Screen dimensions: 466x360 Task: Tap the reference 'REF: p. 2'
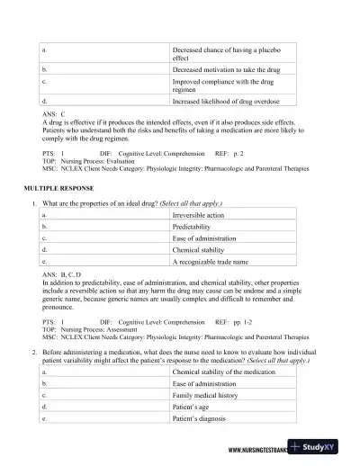pyautogui.click(x=229, y=154)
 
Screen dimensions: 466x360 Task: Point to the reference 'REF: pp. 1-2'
pyautogui.click(x=233, y=318)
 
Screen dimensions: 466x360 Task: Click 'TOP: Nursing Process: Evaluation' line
pyautogui.click(x=91, y=161)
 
